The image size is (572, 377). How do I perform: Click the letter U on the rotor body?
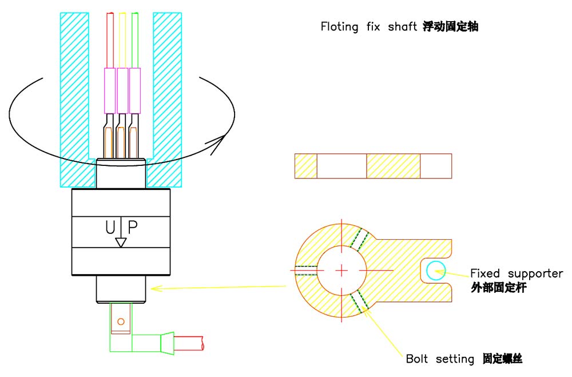point(110,228)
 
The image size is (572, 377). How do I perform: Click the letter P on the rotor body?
point(132,228)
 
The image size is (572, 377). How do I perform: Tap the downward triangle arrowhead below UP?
point(121,243)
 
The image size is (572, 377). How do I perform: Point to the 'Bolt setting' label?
point(439,359)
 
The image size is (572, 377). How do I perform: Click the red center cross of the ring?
point(341,269)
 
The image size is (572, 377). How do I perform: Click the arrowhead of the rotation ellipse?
point(216,147)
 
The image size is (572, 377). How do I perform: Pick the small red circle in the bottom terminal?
point(121,322)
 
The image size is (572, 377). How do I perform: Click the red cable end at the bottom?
point(190,344)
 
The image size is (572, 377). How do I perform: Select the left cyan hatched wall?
point(74,97)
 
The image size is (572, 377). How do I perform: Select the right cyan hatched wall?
point(167,97)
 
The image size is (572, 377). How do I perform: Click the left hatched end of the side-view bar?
point(305,166)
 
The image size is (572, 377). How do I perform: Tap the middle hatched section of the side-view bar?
point(393,166)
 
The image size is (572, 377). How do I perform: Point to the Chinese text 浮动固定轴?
point(450,26)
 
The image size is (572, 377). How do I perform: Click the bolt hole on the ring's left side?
point(304,271)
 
